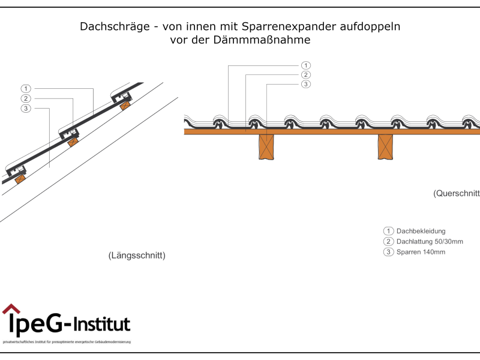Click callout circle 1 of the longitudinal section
click(26, 89)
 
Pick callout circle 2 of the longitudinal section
click(26, 98)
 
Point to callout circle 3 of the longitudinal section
click(26, 109)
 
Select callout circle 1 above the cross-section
click(305, 65)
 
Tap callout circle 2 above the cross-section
click(305, 74)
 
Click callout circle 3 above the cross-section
click(305, 84)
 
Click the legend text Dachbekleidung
click(421, 231)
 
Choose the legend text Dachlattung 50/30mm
click(430, 241)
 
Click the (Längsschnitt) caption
click(137, 256)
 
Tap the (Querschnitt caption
click(456, 194)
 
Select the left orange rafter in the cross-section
click(266, 146)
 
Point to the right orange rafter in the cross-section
click(385, 146)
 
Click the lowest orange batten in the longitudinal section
click(20, 179)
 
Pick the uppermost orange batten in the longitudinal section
click(125, 105)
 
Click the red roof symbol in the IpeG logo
click(10, 310)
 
